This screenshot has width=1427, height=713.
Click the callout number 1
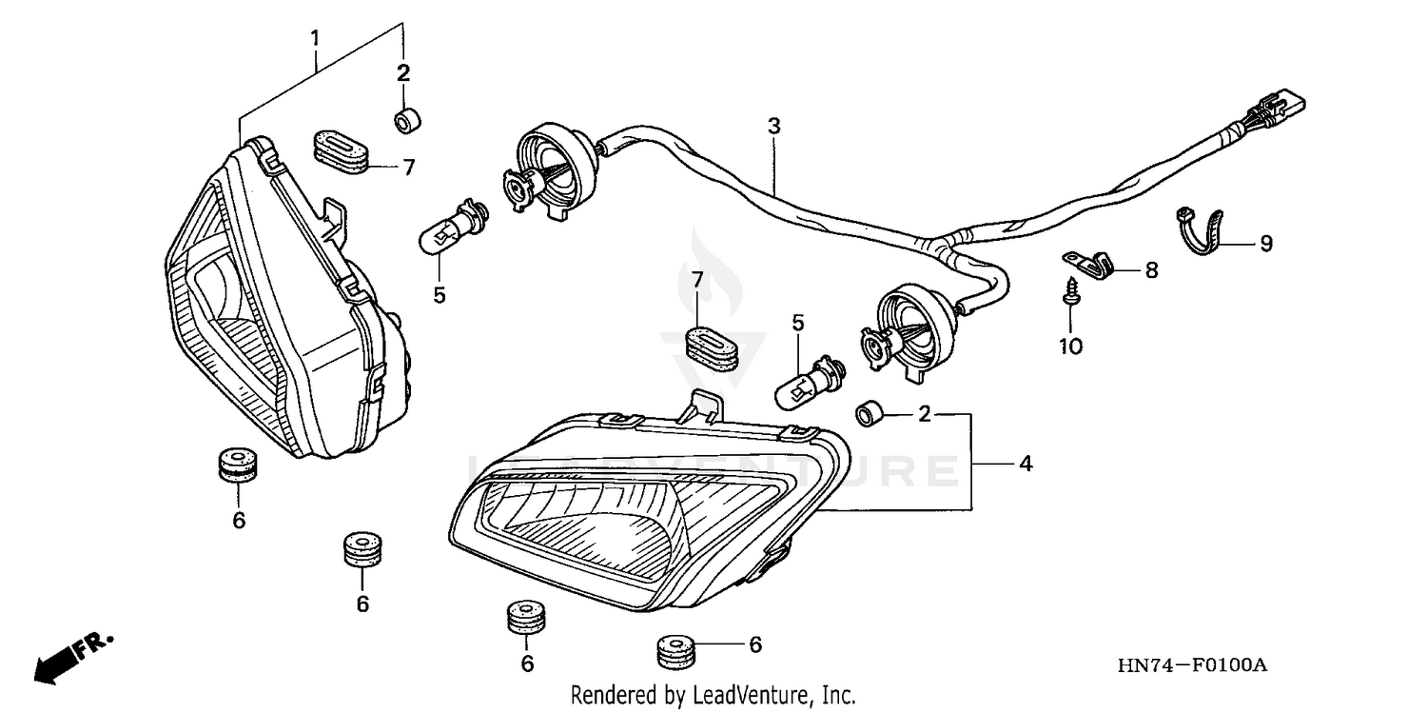314,39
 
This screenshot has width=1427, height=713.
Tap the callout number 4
1025,464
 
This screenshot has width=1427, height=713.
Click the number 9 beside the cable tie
1265,244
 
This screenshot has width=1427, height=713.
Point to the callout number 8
1151,270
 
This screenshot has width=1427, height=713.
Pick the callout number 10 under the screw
1071,347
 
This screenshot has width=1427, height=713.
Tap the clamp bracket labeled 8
1089,258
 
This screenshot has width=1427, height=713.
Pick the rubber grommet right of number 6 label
676,652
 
